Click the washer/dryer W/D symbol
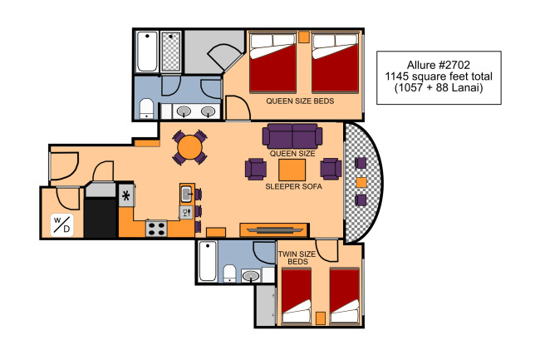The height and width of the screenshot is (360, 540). tap(62, 225)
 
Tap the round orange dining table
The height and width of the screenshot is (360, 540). tap(189, 147)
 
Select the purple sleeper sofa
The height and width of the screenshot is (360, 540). tap(292, 136)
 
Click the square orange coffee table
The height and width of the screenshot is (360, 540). tap(292, 170)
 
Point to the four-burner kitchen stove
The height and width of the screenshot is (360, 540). tap(156, 229)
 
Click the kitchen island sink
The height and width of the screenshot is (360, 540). tap(187, 194)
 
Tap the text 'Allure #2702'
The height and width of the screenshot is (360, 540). tap(439, 65)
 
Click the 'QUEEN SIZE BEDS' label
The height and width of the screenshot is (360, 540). tap(300, 101)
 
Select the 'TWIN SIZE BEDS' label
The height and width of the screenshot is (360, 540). tap(297, 258)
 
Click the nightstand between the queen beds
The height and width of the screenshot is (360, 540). tap(304, 37)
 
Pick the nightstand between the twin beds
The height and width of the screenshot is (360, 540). tap(321, 318)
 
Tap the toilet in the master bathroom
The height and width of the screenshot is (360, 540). tap(147, 109)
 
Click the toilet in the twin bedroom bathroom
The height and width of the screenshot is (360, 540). tap(229, 274)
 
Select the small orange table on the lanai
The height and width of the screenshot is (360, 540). tap(361, 182)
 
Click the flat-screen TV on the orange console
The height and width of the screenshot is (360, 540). tap(274, 229)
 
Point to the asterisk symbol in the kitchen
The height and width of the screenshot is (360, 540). tap(126, 196)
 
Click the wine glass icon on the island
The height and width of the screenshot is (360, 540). tap(186, 213)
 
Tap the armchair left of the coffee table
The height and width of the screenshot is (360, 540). tap(256, 169)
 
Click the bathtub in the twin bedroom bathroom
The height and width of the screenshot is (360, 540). tap(208, 261)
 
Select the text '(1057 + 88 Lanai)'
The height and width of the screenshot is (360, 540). tap(439, 87)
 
